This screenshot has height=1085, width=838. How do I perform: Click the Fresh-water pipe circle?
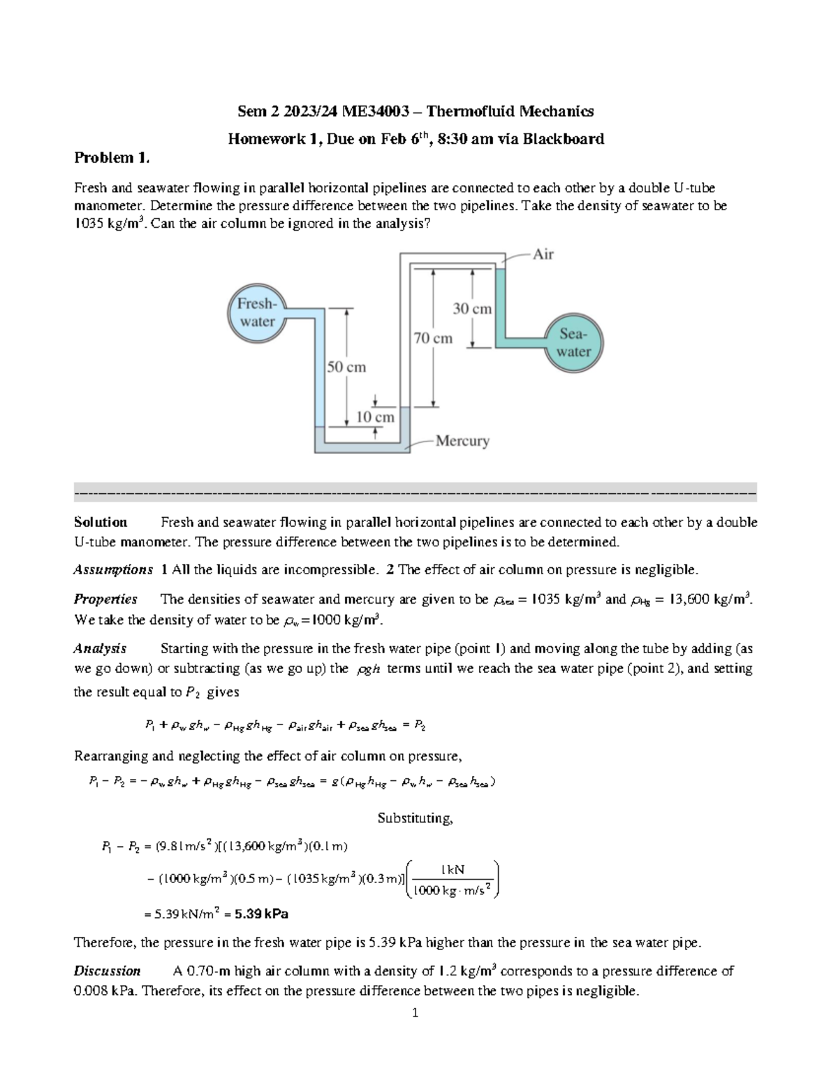coord(257,313)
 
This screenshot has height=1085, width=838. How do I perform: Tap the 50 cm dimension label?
coord(346,367)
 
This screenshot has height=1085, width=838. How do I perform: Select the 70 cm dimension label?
coord(433,338)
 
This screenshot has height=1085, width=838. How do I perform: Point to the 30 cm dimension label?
coord(472,308)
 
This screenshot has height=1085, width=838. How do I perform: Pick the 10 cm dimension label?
coord(376,417)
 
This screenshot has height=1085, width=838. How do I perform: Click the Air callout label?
coord(543,254)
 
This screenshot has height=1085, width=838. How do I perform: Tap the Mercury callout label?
coord(462,441)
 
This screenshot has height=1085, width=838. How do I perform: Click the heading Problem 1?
coord(112,158)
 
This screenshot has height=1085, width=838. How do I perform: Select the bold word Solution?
coord(101,522)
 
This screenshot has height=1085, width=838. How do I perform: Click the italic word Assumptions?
coord(113,569)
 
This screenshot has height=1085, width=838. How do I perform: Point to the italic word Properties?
coord(105,599)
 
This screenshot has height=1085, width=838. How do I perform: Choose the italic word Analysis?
coord(100,648)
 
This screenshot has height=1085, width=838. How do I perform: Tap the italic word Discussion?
coord(107,970)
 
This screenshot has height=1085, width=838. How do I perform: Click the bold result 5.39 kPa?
coord(262,913)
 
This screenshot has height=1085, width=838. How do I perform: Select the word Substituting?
coord(415,817)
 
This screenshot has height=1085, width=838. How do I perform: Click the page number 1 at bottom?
coord(415,1012)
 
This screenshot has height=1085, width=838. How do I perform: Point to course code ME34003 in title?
coord(368,111)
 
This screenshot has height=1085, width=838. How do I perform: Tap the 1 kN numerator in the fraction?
coord(453,870)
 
